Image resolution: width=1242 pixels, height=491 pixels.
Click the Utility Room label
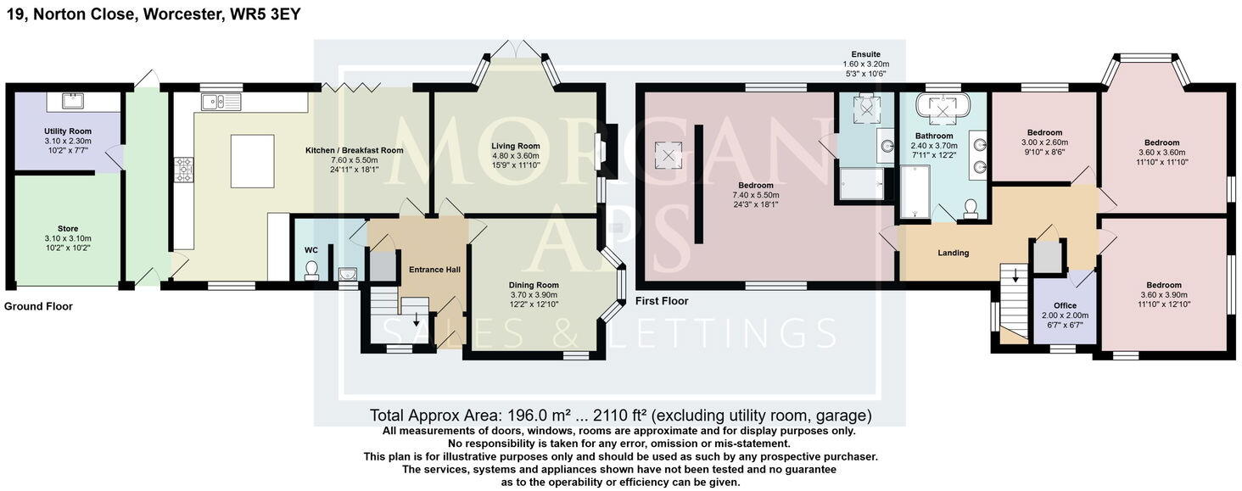pyautogui.click(x=68, y=131)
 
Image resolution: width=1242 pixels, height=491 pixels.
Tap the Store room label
pyautogui.click(x=68, y=228)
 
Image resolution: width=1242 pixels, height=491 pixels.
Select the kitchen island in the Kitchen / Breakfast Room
pyautogui.click(x=253, y=160)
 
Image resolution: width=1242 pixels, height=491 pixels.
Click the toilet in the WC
pyautogui.click(x=311, y=270)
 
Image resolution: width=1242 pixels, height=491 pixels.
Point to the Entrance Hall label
pyautogui.click(x=434, y=270)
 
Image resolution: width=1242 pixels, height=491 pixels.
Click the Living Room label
pyautogui.click(x=516, y=146)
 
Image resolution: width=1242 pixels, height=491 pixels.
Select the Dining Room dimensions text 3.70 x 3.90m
pyautogui.click(x=534, y=295)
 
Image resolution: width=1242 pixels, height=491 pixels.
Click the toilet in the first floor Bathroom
pyautogui.click(x=971, y=209)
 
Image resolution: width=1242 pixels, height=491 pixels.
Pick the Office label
pyautogui.click(x=1065, y=305)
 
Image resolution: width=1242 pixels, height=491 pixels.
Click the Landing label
pyautogui.click(x=953, y=253)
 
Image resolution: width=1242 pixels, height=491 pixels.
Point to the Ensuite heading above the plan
pyautogui.click(x=865, y=54)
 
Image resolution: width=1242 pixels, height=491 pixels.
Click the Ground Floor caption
pyautogui.click(x=38, y=307)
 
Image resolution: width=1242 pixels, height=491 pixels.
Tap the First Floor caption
pyautogui.click(x=662, y=301)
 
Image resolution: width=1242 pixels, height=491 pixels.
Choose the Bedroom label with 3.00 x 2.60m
pyautogui.click(x=1044, y=132)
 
